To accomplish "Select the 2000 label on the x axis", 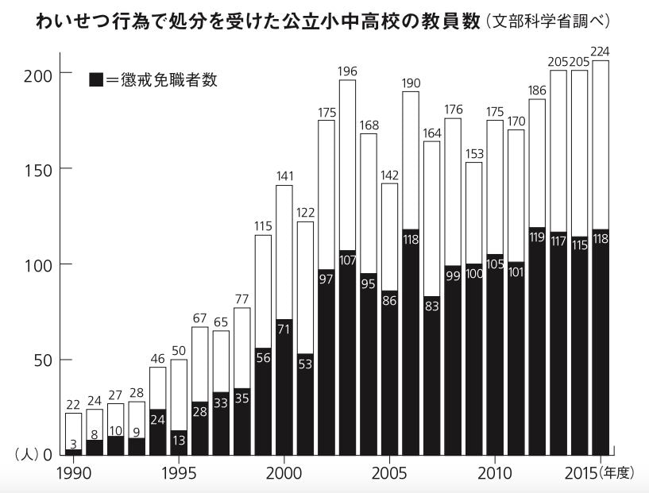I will click(x=284, y=473).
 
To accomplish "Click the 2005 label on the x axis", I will click(x=389, y=473).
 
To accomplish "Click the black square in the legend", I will click(x=96, y=79).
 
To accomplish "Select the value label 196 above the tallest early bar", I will click(x=347, y=71).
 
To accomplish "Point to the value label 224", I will click(x=600, y=52).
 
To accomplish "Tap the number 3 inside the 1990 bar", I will click(x=72, y=444).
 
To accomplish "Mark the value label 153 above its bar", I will click(x=473, y=153).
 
